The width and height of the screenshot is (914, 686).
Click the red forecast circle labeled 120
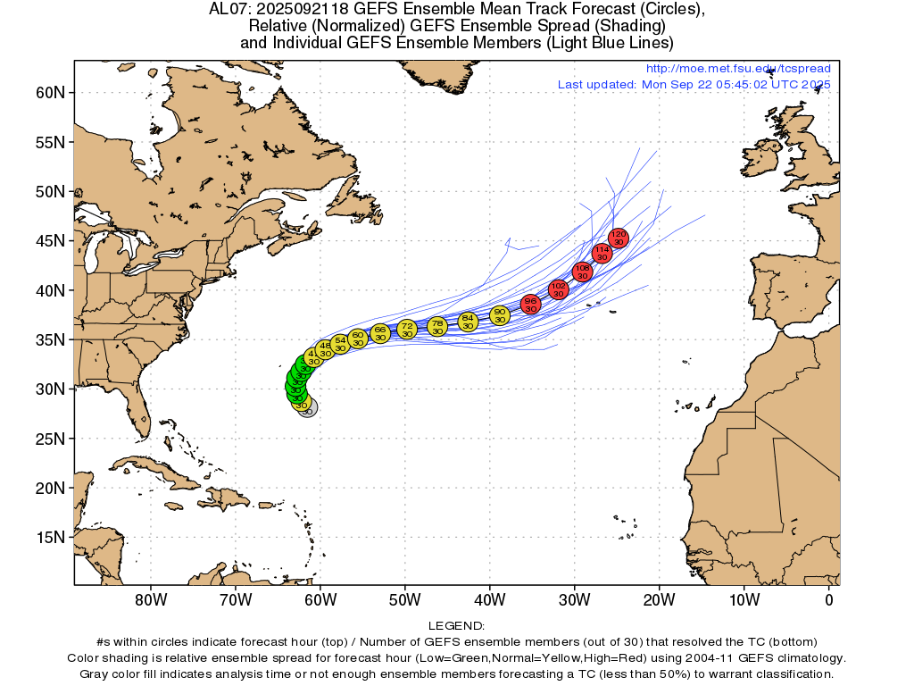(619, 238)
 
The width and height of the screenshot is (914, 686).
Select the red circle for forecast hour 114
(602, 254)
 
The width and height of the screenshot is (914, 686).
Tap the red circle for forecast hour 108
(582, 272)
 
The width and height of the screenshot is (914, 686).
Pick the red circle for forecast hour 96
(531, 305)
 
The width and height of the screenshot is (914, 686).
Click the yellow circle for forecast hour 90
(500, 315)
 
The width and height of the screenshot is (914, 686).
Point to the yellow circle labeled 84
(468, 322)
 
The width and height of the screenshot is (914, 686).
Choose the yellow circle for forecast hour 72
(407, 329)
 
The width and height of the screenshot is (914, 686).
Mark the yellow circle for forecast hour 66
(380, 333)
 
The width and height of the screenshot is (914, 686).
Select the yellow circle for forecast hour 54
(340, 344)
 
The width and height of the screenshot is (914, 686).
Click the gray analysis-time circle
(308, 408)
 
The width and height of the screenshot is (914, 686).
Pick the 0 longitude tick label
(829, 599)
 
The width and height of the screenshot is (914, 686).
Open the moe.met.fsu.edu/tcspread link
(737, 69)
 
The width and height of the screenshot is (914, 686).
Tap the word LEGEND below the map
(457, 626)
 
